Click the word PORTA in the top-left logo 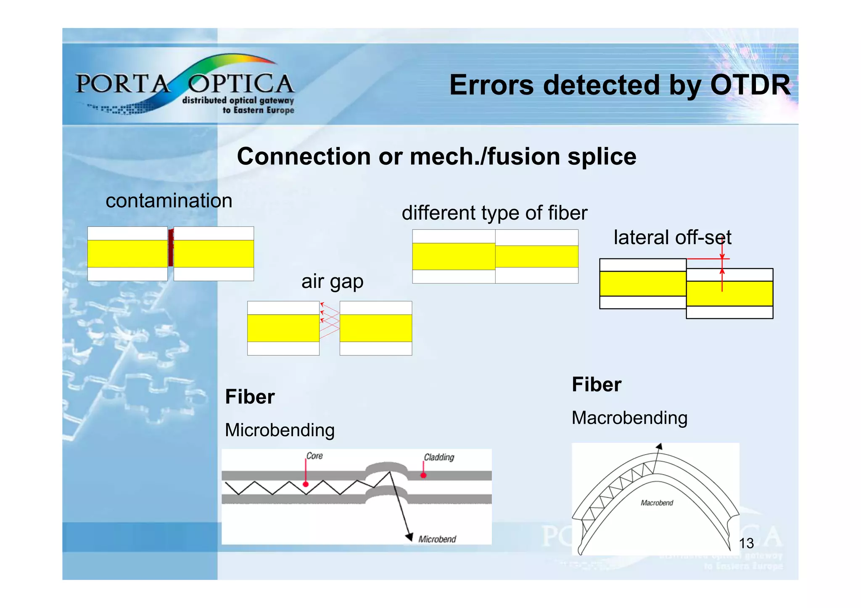122,84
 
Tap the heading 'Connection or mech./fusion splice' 436,156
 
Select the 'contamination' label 169,201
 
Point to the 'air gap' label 332,281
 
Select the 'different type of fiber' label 494,213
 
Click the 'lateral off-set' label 672,237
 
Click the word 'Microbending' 280,430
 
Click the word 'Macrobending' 629,418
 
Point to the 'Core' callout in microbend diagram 314,456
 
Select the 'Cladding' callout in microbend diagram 438,457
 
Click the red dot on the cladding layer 423,475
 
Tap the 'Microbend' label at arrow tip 437,539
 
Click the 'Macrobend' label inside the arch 657,503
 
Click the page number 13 746,543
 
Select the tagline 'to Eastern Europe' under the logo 258,110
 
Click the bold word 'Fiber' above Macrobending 596,384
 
